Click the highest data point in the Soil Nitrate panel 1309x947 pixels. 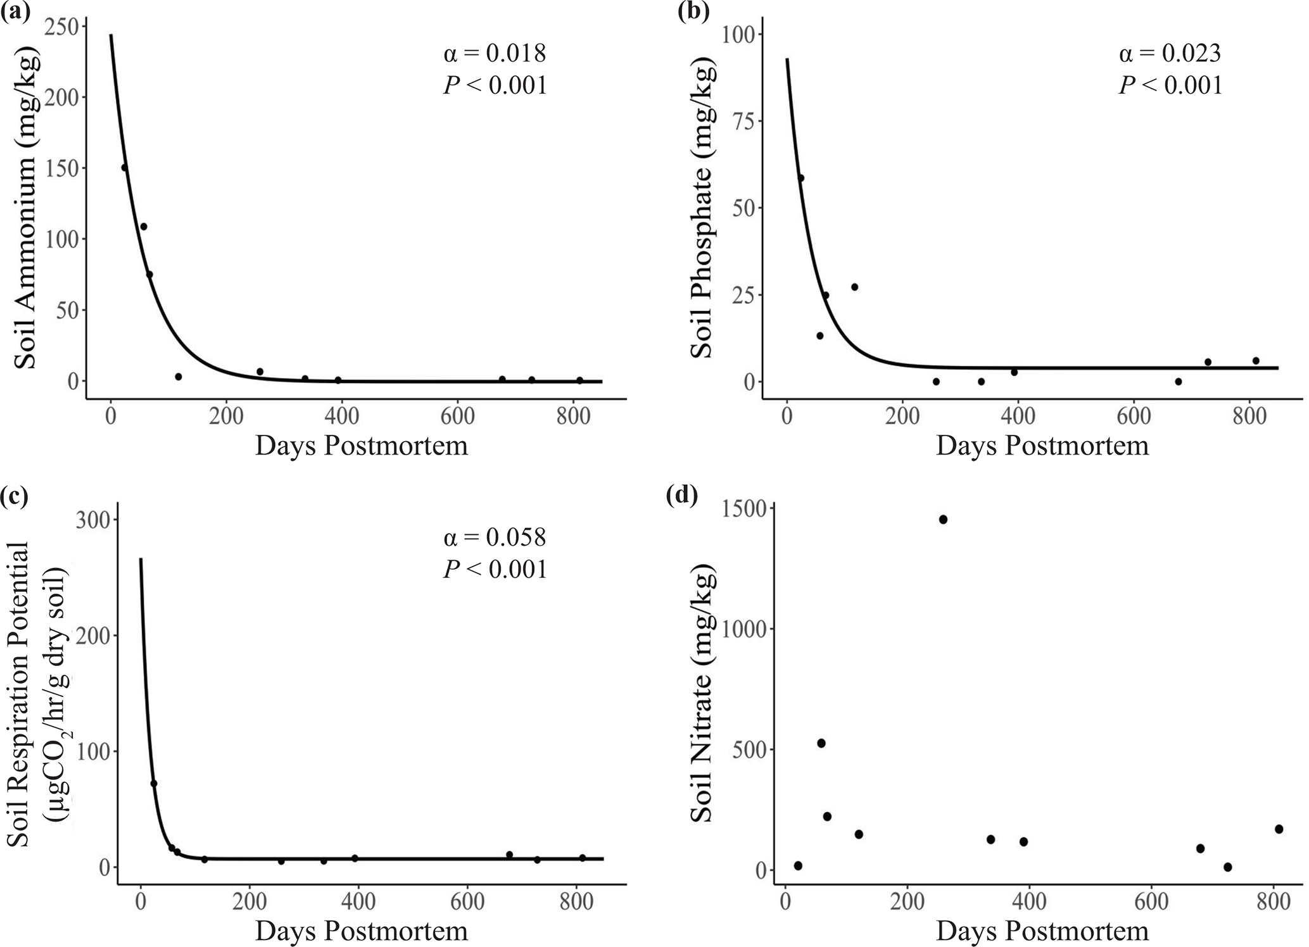click(943, 519)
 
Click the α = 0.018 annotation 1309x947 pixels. click(495, 54)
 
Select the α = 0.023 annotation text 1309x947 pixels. click(1170, 54)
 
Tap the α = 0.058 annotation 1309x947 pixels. click(495, 537)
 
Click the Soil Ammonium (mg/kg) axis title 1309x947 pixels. click(27, 209)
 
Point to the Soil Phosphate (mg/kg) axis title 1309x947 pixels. click(703, 209)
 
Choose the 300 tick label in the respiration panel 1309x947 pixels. click(93, 520)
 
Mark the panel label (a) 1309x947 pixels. click(16, 13)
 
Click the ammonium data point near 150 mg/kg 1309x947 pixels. click(125, 168)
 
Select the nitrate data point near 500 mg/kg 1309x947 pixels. click(821, 743)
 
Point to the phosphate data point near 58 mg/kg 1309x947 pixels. click(800, 178)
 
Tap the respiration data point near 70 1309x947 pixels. click(153, 784)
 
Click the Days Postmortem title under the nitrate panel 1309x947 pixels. click(1042, 931)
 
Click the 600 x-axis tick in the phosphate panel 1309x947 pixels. click(1134, 417)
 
